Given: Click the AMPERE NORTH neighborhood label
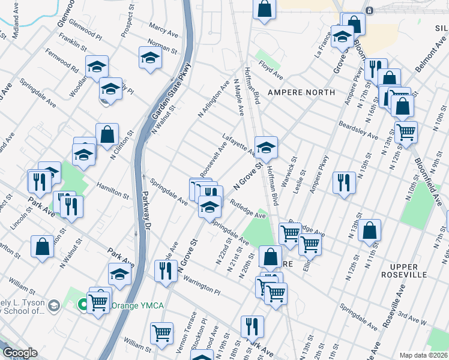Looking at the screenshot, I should click(301, 92).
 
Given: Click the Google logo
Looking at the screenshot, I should click(20, 353).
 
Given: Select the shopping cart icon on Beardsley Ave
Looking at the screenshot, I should click(406, 131).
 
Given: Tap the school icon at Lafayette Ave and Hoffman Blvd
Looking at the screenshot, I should click(266, 146).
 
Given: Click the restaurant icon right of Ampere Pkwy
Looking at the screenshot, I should click(344, 182).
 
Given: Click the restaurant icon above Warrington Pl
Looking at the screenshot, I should click(163, 271).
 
